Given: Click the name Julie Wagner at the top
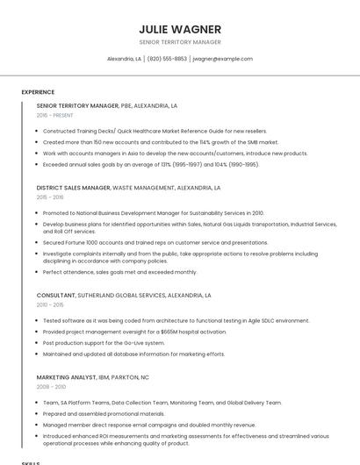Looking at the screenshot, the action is point(179,29).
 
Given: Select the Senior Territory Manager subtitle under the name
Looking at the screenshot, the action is point(179,42).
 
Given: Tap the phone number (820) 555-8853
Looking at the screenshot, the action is point(167,59).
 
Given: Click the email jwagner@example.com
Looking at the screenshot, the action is point(222,59).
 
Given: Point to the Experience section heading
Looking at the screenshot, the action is point(38,92).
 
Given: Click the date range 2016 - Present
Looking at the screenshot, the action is point(55,115).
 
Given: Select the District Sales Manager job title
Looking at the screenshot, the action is point(74,188).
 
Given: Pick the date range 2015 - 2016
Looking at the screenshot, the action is point(50,197).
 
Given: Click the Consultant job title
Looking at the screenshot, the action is point(56,296).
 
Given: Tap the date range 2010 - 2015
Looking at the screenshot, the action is point(50,305).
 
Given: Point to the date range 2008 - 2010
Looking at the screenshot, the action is point(51,387).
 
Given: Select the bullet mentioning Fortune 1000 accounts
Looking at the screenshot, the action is point(155,242).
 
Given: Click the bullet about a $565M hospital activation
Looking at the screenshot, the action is point(134,332).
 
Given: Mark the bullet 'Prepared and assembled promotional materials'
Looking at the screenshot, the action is point(104,413).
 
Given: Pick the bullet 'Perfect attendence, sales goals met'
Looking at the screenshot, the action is point(119,272).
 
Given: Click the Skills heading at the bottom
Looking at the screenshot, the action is point(31,462).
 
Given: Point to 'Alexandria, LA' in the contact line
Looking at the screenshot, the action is point(124,59).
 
